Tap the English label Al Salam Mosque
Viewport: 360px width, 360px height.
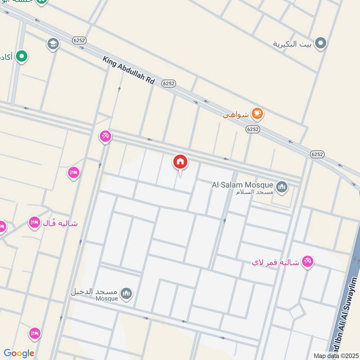[x=243, y=185]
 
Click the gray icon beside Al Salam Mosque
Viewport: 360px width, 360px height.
[x=282, y=186]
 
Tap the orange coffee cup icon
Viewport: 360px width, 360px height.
[x=257, y=113]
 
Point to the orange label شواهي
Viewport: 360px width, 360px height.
[x=236, y=115]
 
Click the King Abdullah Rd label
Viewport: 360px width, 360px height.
[x=129, y=71]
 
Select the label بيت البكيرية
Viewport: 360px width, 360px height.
[x=292, y=44]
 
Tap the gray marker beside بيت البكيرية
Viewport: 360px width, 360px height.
[x=320, y=43]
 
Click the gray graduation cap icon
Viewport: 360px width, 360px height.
[x=53, y=44]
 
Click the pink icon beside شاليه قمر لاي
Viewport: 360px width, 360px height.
[x=308, y=261]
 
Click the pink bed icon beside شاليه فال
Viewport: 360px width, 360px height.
[x=34, y=222]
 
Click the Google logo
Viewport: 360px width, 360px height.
[x=19, y=353]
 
